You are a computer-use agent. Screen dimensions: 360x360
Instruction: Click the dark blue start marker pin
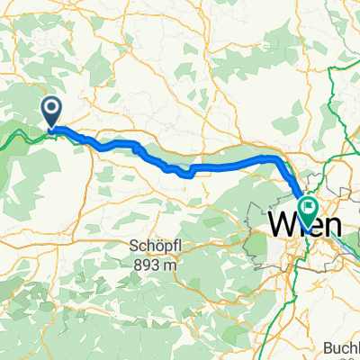52,112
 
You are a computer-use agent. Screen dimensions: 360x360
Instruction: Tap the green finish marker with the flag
309,210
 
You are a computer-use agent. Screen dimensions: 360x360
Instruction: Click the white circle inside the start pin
52,111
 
